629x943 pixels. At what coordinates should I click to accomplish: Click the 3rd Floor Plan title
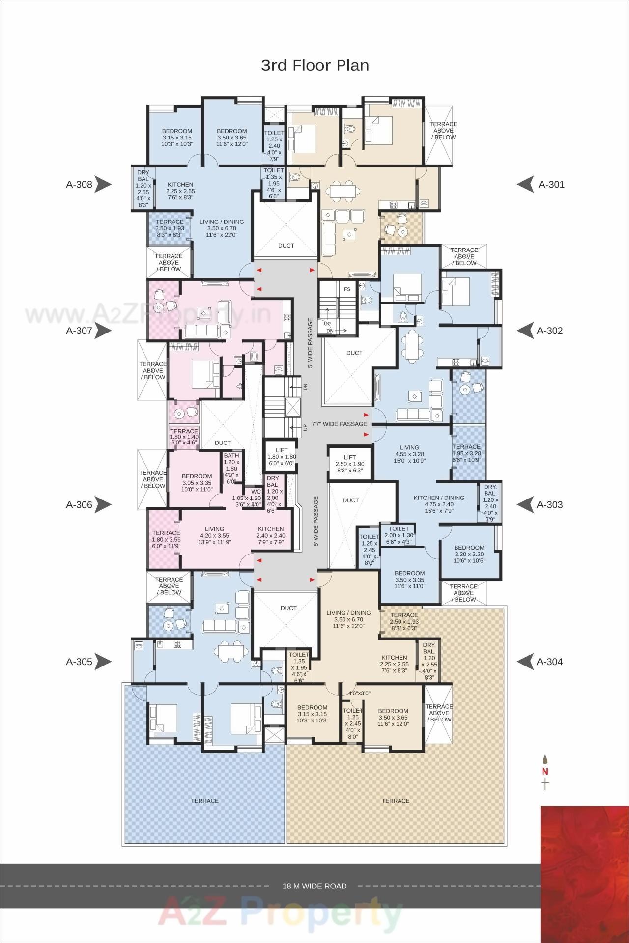click(x=314, y=65)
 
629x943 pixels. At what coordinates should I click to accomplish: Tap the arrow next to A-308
click(x=103, y=184)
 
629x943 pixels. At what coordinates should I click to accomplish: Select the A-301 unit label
click(x=551, y=184)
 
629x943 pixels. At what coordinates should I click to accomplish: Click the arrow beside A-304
click(x=525, y=662)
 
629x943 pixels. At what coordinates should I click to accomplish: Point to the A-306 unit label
click(x=79, y=504)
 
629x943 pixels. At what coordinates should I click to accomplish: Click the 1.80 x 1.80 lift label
click(x=282, y=456)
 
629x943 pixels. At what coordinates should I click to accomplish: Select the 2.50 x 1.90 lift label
click(x=350, y=464)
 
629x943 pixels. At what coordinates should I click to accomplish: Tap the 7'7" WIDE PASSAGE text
click(x=339, y=424)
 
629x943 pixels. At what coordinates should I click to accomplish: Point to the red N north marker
click(x=545, y=771)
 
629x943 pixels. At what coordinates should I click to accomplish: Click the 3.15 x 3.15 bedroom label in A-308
click(x=177, y=138)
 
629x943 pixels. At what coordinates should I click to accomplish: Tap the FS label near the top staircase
click(x=347, y=289)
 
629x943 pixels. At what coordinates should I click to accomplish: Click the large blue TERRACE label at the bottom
click(x=204, y=801)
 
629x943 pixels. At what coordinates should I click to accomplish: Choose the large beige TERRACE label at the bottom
click(x=396, y=801)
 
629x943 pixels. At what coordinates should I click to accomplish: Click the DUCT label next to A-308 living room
click(x=286, y=245)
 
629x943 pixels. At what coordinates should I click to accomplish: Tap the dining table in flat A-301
click(x=343, y=190)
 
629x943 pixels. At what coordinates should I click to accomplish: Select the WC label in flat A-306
click(x=256, y=491)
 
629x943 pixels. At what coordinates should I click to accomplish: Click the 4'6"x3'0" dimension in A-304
click(x=359, y=693)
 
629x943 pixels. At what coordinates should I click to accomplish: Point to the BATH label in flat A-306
click(x=231, y=455)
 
